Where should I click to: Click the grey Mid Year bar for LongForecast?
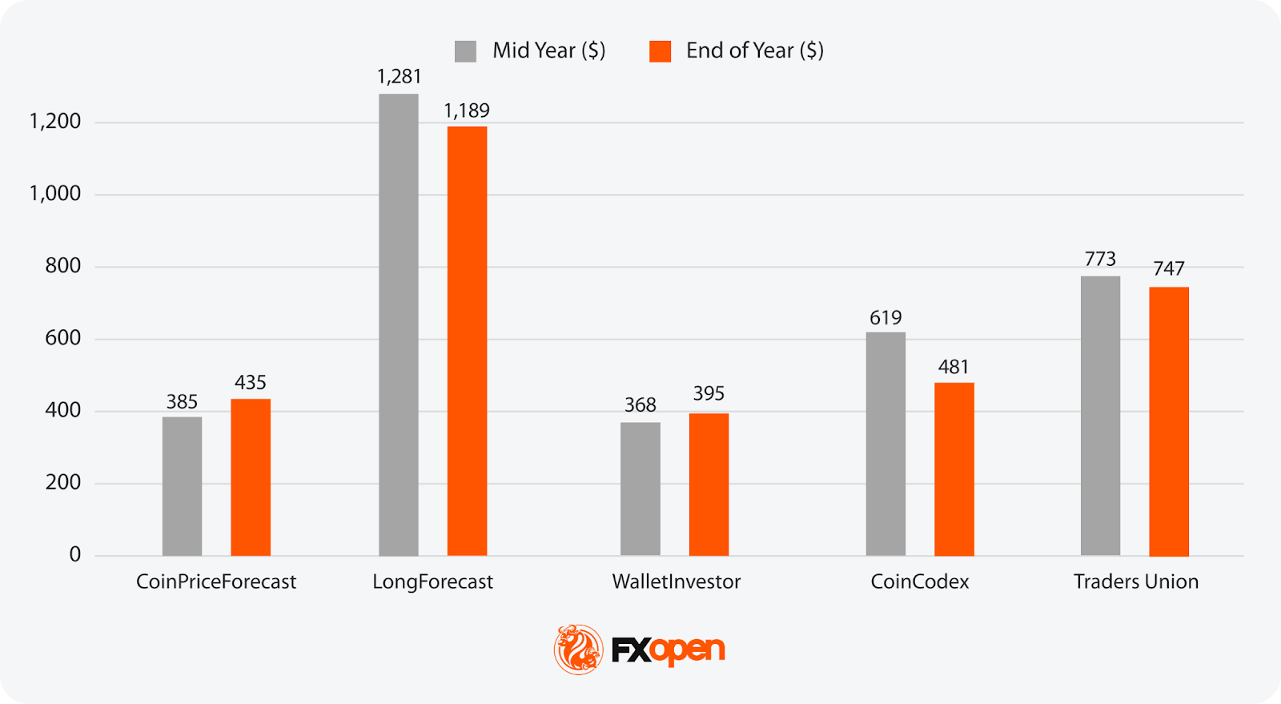[x=399, y=324]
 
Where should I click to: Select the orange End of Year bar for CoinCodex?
[x=954, y=469]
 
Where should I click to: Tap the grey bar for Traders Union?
[x=1100, y=416]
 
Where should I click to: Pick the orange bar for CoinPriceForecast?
[x=251, y=477]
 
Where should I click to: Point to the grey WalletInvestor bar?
[x=640, y=489]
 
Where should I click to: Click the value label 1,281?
[x=399, y=77]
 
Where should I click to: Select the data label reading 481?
[x=954, y=367]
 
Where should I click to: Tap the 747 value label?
[x=1169, y=268]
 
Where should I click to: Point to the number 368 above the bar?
[x=640, y=405]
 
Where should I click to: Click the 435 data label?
[x=251, y=383]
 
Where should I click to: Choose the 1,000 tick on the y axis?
[x=55, y=194]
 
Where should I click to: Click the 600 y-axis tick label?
[x=63, y=338]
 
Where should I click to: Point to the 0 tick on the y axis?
[x=75, y=554]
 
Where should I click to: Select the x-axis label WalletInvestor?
[x=677, y=581]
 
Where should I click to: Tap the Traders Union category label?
[x=1136, y=581]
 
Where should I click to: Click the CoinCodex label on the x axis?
[x=920, y=581]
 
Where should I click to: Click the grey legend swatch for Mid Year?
[x=465, y=51]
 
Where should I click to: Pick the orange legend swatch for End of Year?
[x=660, y=51]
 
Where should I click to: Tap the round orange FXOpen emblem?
[x=578, y=649]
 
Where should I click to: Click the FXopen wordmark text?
[x=669, y=650]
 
